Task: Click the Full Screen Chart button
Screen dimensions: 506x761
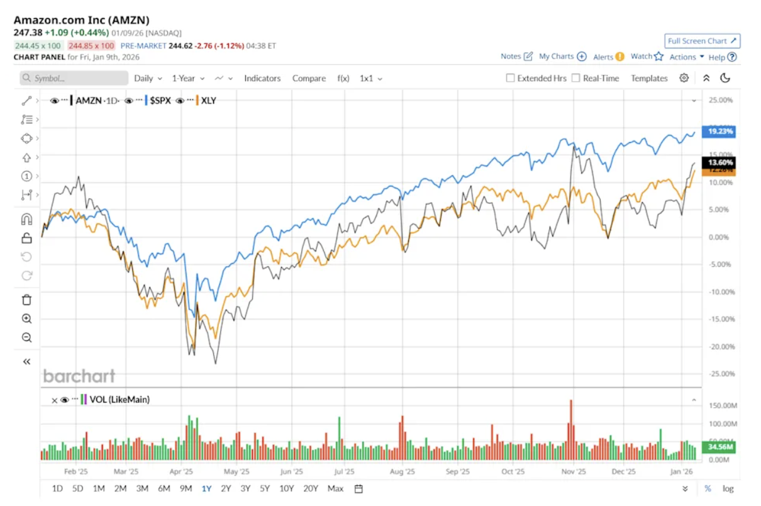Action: [x=702, y=41]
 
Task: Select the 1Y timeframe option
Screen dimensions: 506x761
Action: [x=206, y=488]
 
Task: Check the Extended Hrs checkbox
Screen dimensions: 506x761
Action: [x=511, y=79]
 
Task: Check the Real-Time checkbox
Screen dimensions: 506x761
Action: [x=576, y=79]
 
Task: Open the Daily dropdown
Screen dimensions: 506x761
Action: [x=148, y=79]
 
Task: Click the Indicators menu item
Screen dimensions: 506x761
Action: [x=262, y=79]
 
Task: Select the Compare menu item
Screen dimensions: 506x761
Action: [x=309, y=79]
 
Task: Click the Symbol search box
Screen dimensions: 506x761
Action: [x=74, y=79]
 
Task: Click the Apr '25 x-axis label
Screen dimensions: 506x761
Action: [x=181, y=471]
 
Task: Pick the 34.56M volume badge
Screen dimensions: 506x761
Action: [x=719, y=447]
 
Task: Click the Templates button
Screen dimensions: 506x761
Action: [x=649, y=79]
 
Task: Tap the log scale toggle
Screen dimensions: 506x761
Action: [x=728, y=488]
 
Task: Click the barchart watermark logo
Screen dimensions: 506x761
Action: [x=79, y=376]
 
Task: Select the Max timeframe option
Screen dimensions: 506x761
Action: [x=335, y=488]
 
